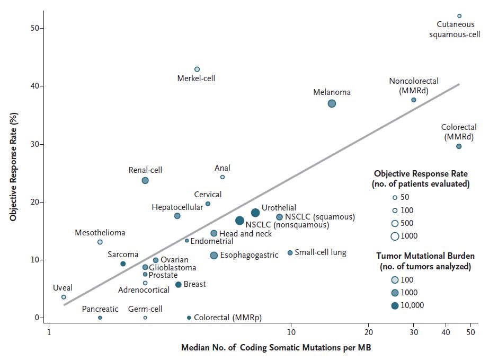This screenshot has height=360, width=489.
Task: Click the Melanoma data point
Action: coord(332,103)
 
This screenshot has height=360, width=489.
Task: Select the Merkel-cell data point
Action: coord(197,69)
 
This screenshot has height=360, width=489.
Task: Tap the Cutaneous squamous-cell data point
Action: coord(459,16)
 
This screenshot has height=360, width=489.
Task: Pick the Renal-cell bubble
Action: coord(145,181)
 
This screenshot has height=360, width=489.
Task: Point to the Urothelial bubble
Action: coord(255,213)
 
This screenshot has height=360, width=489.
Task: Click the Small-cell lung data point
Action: coord(290,253)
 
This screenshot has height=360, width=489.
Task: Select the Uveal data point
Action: coord(64,297)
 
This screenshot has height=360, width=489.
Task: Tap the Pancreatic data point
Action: coord(100,318)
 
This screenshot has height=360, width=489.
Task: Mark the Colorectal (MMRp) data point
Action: coord(189,318)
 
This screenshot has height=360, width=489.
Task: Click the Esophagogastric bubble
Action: coord(214,256)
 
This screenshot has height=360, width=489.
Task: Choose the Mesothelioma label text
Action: coord(100,233)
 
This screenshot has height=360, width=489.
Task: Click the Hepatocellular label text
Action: coord(177,207)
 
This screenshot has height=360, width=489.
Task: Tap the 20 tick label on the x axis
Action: coord(368,332)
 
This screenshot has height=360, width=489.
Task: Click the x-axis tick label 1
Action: coord(49,332)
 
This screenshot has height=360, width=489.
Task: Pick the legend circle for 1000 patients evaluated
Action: coord(395,236)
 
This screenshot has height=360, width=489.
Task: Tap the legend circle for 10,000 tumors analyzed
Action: coord(395,305)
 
